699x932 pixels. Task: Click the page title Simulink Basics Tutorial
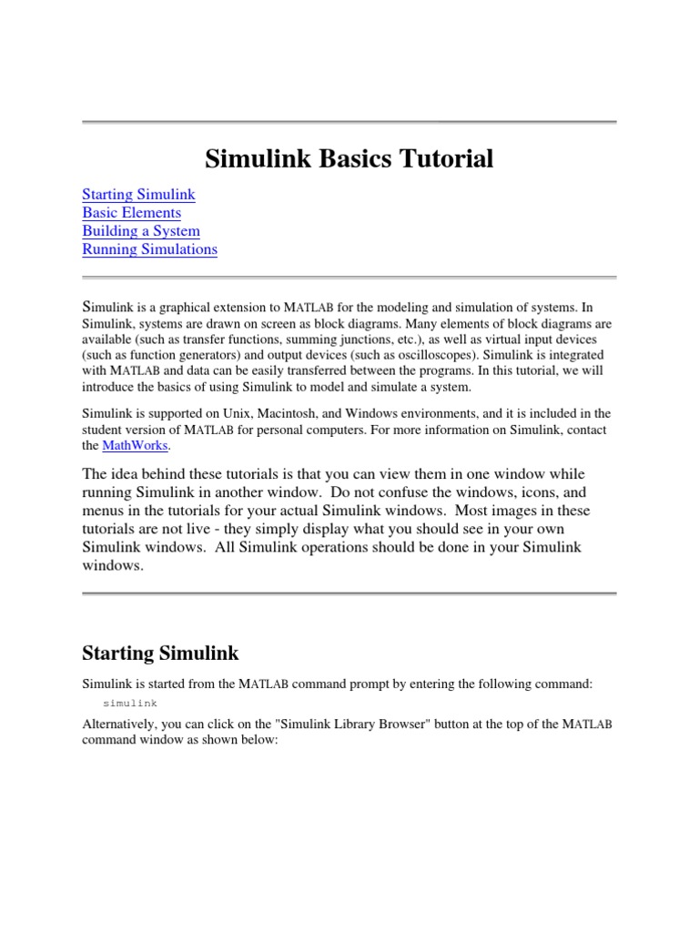(x=349, y=159)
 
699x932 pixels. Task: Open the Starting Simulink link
(x=138, y=195)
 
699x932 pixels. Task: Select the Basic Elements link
(x=131, y=213)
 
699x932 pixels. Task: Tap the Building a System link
(x=140, y=231)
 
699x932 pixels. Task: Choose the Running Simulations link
(x=149, y=249)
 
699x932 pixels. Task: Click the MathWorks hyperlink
(x=136, y=446)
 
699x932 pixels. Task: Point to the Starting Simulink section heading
(x=160, y=653)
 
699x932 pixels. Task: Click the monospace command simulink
(x=130, y=704)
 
